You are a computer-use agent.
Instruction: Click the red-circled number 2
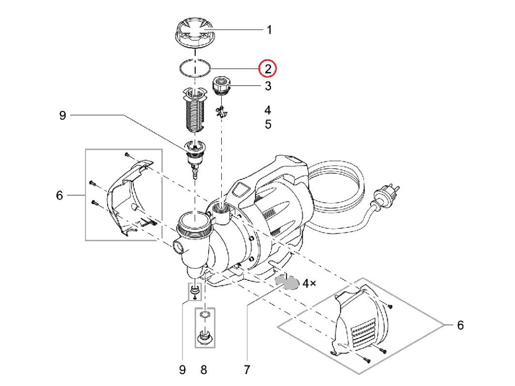coord(268,68)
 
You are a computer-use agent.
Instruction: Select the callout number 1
coord(269,30)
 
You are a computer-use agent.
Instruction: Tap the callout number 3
coord(268,86)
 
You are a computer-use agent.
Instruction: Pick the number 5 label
coord(268,124)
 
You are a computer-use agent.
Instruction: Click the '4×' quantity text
coord(309,283)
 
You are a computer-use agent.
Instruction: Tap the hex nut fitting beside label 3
coord(221,85)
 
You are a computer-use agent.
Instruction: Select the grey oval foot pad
coord(287,283)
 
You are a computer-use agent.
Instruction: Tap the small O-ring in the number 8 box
coord(204,315)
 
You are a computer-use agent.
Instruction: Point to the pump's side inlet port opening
coord(178,247)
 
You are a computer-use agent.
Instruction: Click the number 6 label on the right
coord(460,325)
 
